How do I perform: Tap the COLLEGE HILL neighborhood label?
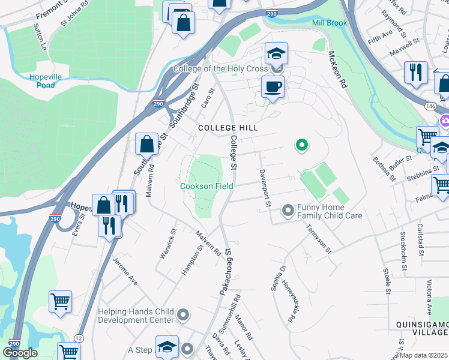tap(228, 128)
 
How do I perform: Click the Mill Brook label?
tap(330, 23)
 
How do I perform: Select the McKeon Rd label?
tap(338, 70)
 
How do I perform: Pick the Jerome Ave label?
tap(125, 271)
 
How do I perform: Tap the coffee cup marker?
tap(273, 88)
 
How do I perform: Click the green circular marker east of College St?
tap(303, 145)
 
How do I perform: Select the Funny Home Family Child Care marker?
tap(288, 211)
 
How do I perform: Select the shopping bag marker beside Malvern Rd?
tap(146, 145)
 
